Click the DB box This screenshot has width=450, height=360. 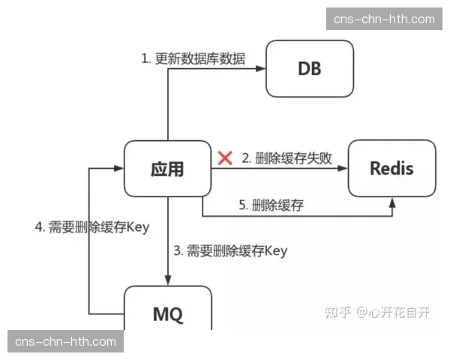click(310, 69)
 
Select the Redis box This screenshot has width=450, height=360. click(391, 168)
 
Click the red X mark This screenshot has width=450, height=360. click(224, 157)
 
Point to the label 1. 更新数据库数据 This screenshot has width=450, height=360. click(193, 58)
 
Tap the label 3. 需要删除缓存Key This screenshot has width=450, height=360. click(230, 250)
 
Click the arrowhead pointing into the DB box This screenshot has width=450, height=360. click(262, 69)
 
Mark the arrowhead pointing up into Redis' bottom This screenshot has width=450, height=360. click(392, 202)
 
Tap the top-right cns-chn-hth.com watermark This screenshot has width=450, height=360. click(384, 19)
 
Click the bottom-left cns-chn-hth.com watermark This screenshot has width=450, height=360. click(66, 342)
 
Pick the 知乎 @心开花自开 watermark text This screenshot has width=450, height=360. click(377, 313)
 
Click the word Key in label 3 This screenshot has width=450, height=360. click(274, 250)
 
